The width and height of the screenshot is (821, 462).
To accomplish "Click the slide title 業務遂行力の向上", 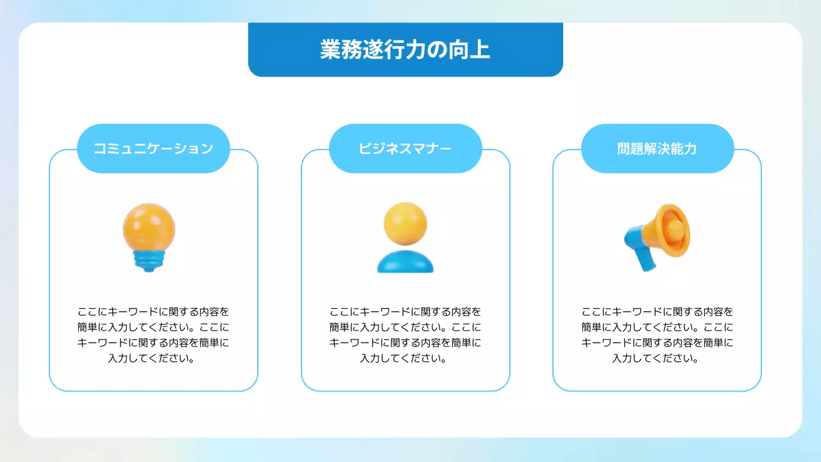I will (405, 50).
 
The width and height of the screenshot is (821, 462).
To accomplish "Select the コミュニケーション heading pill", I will (153, 149).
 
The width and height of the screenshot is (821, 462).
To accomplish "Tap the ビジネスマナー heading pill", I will (405, 149).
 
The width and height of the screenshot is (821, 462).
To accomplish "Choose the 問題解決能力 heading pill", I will (657, 149).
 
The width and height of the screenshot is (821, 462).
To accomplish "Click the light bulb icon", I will (149, 237).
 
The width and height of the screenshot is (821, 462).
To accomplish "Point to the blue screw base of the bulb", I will (149, 261).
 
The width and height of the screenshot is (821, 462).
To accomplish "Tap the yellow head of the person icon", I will (405, 223).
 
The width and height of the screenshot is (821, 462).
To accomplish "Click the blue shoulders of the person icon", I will (405, 262).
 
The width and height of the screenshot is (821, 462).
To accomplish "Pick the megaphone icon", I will (657, 237).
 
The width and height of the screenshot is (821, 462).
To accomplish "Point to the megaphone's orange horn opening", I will (675, 229).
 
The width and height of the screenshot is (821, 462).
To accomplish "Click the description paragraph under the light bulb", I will (153, 335).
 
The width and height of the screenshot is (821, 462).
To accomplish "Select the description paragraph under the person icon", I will (405, 335).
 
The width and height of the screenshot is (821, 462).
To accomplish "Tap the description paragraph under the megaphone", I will (657, 335).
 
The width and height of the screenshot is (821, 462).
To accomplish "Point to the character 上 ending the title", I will (480, 50).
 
